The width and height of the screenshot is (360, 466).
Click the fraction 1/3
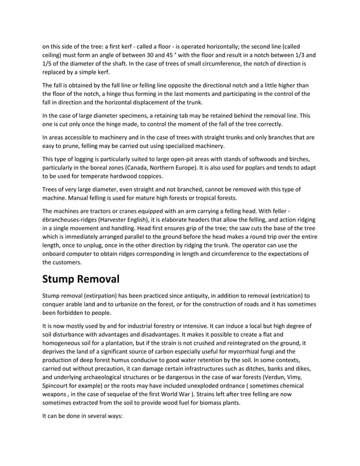tap(292, 55)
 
